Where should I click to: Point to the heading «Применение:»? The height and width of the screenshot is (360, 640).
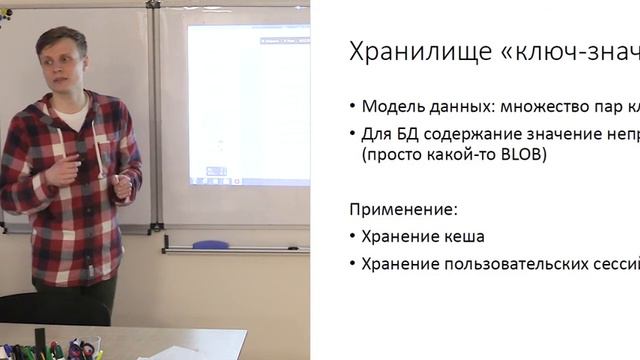pyautogui.click(x=403, y=211)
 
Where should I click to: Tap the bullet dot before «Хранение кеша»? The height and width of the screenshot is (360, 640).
pyautogui.click(x=353, y=238)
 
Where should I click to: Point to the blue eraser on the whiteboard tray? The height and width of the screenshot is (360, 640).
pyautogui.click(x=210, y=244)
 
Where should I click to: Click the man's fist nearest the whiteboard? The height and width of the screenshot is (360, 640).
pyautogui.click(x=122, y=186)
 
